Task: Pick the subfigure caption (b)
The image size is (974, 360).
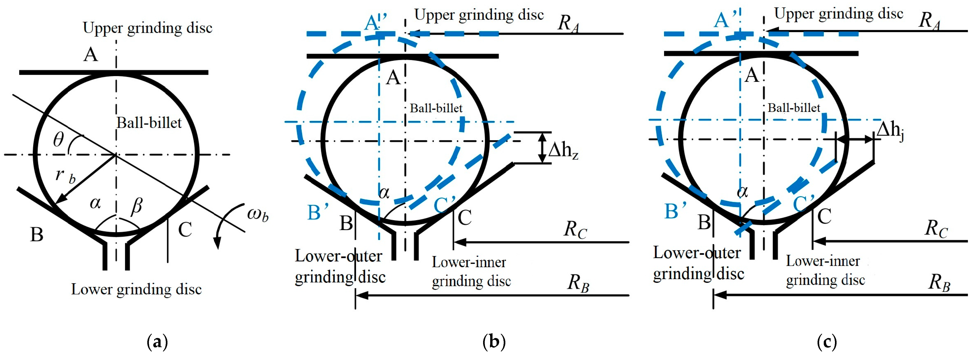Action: [x=494, y=342]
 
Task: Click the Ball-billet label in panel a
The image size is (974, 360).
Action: [x=149, y=123]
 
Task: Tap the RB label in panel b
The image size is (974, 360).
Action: [x=578, y=283]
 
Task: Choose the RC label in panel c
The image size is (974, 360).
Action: [x=936, y=228]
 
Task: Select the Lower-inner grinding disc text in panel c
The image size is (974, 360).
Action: [x=825, y=270]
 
